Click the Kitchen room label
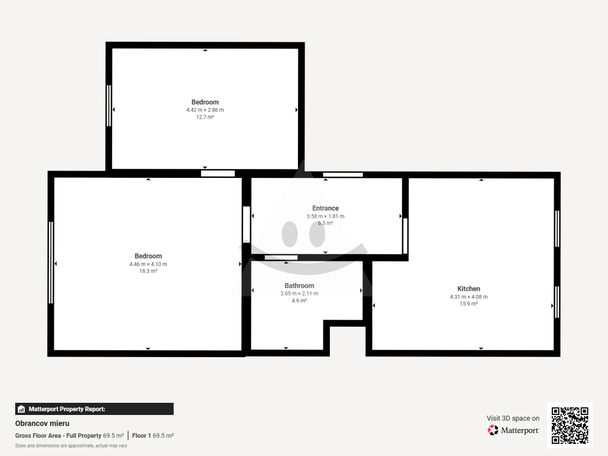point(468,289)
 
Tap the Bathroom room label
point(299,286)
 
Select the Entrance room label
point(325,208)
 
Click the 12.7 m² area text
point(205,117)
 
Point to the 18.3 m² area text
point(148,271)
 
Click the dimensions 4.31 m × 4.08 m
point(469,297)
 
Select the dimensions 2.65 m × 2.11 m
point(299,293)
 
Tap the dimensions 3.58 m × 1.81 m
point(325,216)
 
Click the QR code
point(570,426)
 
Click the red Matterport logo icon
point(493,430)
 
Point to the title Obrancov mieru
point(43,424)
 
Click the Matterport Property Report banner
point(94,409)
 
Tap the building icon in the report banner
point(21,409)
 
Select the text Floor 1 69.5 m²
point(153,436)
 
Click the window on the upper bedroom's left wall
point(109,106)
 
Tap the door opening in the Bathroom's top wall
point(281,257)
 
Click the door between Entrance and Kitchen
point(405,236)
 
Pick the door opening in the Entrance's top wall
point(343,175)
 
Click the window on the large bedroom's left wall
point(51,262)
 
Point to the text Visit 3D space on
point(513,419)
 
